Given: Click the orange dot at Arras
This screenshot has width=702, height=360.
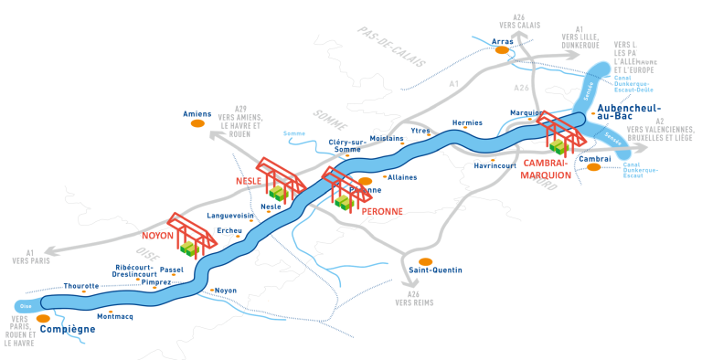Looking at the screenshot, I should point(501,51).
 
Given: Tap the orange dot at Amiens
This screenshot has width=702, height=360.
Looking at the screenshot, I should point(197,124).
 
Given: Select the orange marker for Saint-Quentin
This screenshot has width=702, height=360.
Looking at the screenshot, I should point(425,261).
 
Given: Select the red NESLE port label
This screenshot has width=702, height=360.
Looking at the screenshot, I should point(248,182).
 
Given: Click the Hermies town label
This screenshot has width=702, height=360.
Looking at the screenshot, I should point(467,123).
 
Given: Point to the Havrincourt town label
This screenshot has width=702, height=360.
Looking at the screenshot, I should point(495,166).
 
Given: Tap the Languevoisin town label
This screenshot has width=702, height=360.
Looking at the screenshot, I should point(229,216).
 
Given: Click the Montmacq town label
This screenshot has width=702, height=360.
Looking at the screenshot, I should point(114,316).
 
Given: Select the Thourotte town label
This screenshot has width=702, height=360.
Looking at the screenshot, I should point(80,286).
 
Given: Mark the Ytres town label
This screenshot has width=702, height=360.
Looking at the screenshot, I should point(420,131).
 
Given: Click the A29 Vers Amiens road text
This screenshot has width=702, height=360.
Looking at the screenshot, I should point(241,120).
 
